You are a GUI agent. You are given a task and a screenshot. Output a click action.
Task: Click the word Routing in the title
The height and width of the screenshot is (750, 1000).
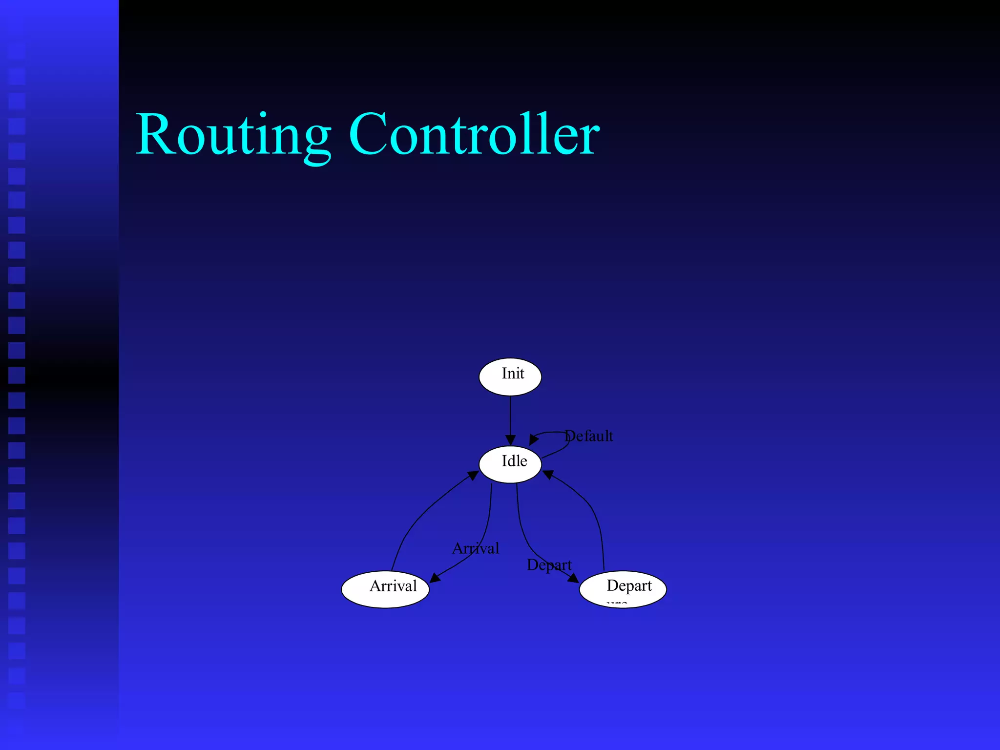coord(233,135)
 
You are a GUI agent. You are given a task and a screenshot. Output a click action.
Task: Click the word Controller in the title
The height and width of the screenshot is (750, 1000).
coord(474,134)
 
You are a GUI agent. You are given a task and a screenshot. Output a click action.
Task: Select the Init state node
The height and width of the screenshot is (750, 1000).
coord(510,376)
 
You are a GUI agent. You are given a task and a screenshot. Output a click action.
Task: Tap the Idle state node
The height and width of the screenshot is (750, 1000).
coord(510,464)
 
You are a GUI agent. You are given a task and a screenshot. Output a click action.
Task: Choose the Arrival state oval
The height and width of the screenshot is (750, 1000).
coord(385,589)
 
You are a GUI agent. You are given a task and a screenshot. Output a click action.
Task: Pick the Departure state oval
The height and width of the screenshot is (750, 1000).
coord(623,589)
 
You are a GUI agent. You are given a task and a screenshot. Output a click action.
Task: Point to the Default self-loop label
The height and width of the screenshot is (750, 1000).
coord(589,436)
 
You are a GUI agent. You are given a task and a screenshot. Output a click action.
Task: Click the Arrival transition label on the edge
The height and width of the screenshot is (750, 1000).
coord(476,548)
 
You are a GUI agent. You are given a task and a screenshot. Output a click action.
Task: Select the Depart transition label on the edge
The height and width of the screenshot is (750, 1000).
coord(549,565)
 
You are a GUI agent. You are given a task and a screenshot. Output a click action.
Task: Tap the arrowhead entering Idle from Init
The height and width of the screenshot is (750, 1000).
coord(510,440)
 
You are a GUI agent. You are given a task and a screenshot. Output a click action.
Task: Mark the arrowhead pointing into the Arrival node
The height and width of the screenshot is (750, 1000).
coord(435,578)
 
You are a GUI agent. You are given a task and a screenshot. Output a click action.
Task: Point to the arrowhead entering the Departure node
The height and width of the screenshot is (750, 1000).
coord(573,578)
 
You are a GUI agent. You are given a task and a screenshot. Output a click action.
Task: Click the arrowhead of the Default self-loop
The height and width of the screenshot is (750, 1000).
coord(534,439)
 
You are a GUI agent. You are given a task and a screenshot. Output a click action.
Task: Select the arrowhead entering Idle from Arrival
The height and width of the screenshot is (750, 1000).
coord(473,475)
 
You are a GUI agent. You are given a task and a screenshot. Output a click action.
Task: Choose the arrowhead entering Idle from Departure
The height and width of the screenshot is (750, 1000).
coord(548,475)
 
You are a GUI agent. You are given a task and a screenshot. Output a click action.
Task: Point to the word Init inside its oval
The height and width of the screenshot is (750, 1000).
coord(513,374)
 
